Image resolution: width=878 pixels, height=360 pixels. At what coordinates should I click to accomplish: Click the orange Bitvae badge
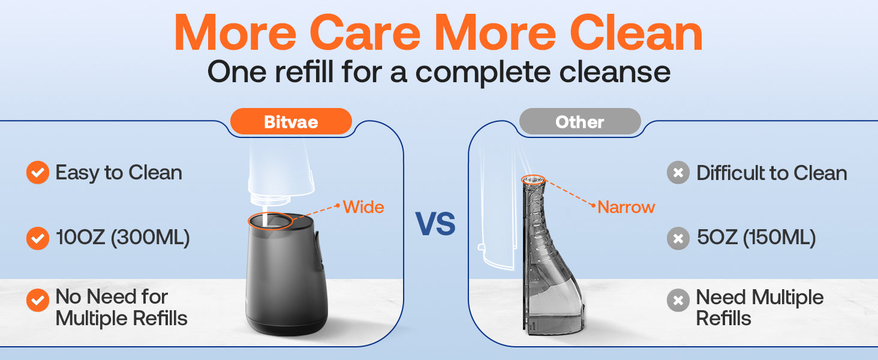point(291,122)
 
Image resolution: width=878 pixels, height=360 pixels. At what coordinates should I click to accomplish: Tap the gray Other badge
point(580,122)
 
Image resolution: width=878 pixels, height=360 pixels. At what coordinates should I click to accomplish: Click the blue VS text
point(435,224)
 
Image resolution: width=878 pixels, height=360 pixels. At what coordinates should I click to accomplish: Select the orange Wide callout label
point(363,207)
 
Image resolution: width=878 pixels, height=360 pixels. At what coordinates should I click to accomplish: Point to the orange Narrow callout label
point(626,207)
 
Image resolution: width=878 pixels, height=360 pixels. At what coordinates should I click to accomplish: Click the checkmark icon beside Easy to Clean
point(38,173)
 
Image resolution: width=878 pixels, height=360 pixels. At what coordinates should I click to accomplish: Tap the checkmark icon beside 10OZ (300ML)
point(38,238)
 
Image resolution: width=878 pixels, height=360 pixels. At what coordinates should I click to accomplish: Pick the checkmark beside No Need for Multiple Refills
point(38,301)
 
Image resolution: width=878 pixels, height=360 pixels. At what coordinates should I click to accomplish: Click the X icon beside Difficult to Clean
point(678,173)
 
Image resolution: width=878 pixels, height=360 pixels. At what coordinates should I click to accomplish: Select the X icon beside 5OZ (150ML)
point(678,238)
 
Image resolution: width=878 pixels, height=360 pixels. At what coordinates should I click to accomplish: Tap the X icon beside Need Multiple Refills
point(678,301)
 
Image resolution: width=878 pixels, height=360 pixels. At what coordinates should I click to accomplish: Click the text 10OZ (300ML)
point(123,238)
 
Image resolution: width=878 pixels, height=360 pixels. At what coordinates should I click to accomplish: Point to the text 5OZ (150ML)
point(756,238)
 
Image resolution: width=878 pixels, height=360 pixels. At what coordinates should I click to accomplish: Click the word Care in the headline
point(365,34)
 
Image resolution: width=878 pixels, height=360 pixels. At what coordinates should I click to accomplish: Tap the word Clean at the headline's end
point(636,33)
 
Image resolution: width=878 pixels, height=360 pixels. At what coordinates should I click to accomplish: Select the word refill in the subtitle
point(304,72)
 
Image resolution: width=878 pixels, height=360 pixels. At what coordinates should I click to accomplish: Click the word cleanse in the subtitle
point(615,72)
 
